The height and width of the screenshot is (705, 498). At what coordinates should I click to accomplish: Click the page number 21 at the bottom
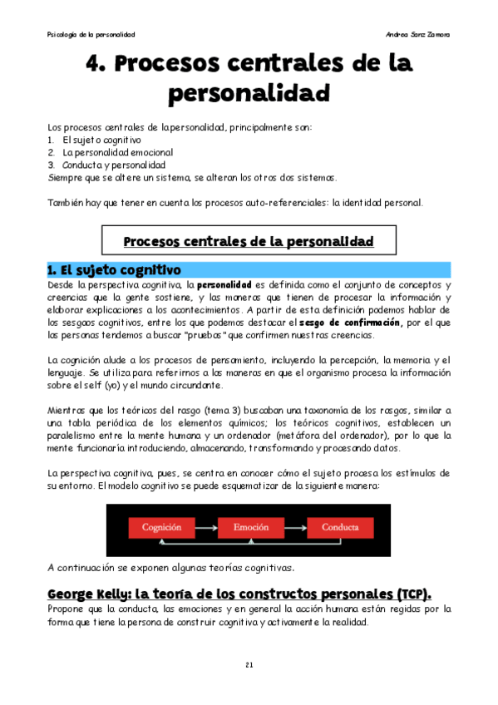pos(249,665)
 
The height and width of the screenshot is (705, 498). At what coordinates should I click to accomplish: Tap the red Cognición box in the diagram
pos(162,526)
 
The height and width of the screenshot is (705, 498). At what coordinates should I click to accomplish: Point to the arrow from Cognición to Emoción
pos(205,526)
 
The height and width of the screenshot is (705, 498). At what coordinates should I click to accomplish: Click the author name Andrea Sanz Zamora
pos(419,34)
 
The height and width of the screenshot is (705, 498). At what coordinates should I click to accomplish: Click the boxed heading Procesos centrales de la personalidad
pos(249,242)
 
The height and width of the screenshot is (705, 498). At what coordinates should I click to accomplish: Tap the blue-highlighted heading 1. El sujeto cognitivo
pos(115,269)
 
